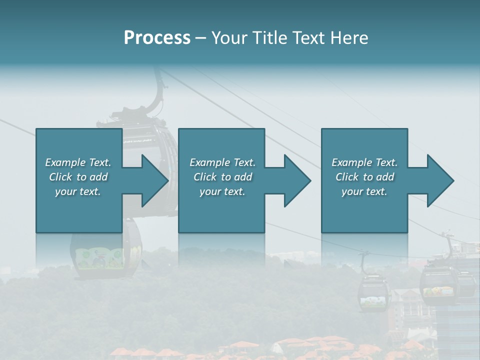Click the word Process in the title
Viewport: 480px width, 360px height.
tap(157, 38)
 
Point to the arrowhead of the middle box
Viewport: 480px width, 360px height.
tap(297, 181)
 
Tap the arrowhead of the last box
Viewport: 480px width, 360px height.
tap(440, 181)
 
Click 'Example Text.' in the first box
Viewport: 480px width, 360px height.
tap(78, 162)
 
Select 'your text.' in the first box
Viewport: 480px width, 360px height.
tap(78, 191)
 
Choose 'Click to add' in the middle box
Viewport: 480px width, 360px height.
tap(222, 177)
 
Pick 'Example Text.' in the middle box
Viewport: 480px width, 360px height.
tap(222, 162)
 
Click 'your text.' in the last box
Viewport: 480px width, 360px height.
tap(364, 191)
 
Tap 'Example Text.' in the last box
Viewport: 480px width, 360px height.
tap(364, 162)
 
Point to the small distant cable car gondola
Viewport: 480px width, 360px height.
tap(373, 292)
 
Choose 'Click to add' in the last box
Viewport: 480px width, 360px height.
tap(364, 177)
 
